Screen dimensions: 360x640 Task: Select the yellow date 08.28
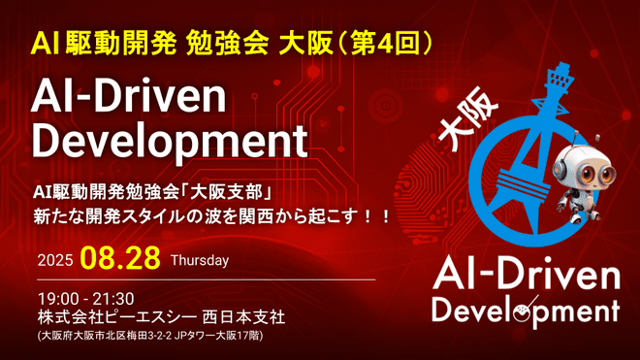(x=120, y=259)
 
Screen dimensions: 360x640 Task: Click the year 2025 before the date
(x=55, y=261)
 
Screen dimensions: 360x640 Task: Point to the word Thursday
(x=199, y=261)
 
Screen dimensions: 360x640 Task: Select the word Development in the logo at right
(x=525, y=311)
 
